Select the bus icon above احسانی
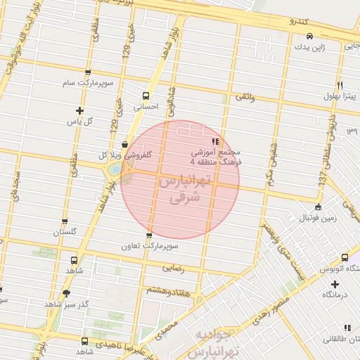click(x=146, y=96)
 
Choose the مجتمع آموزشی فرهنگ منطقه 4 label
click(x=215, y=157)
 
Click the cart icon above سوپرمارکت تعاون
click(x=148, y=236)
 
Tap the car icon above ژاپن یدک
click(x=309, y=36)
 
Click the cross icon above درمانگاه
click(x=335, y=285)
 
